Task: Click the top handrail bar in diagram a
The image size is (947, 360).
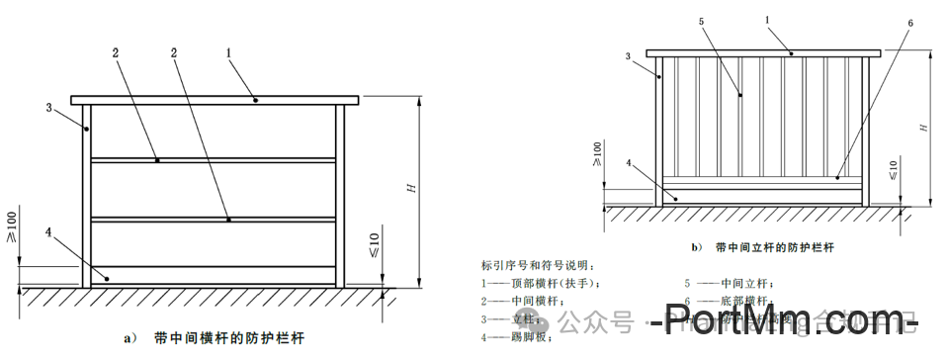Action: pos(213,100)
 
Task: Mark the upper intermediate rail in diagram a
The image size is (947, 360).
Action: pos(213,159)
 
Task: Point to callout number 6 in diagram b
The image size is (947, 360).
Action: pos(908,22)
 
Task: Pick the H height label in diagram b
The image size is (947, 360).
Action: pos(922,128)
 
